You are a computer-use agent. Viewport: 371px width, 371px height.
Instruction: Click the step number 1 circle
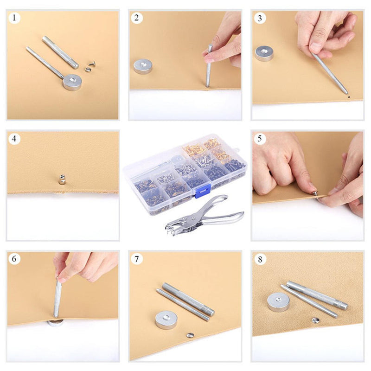coord(15,19)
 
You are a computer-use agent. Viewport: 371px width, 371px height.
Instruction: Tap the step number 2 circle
coord(137,19)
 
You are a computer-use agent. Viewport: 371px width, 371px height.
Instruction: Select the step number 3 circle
coord(260,19)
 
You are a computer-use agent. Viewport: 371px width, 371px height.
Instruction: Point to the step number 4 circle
coord(15,139)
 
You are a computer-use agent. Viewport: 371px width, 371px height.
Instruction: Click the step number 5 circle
coord(260,139)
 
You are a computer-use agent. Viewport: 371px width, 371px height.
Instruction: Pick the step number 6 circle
coord(15,259)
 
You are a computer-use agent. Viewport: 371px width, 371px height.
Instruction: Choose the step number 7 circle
coord(137,259)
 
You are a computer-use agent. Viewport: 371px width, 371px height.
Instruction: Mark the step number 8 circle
coord(260,259)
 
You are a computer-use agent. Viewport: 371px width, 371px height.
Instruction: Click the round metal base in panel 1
coord(72,82)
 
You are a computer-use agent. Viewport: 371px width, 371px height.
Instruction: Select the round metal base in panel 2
coord(142,66)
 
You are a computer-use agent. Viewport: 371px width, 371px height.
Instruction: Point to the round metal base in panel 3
coord(264,53)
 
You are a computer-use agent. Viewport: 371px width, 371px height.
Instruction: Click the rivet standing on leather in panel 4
coord(62,179)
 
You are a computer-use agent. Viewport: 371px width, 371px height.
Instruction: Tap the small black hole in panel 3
coord(348,98)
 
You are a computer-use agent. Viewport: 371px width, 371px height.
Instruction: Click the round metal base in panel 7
coord(166,320)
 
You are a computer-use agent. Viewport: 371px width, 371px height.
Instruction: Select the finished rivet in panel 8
coord(315,320)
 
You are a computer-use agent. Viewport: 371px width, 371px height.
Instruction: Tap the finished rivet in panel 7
coord(190,335)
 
